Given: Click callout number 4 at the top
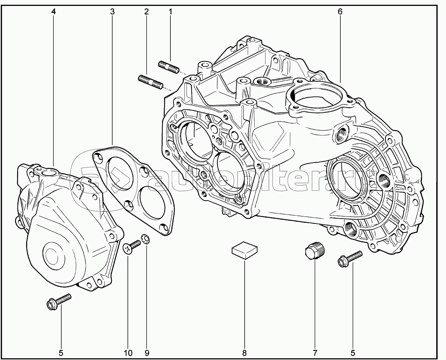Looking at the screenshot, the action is tap(54, 12).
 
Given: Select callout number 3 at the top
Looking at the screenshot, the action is tap(113, 12).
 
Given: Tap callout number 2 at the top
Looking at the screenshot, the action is tap(146, 12).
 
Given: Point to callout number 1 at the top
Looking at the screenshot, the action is tap(170, 12).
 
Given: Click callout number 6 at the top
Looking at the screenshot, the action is tap(340, 12).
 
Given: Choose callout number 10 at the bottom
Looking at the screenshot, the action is tap(128, 353).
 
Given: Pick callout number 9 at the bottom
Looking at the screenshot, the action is tap(147, 353).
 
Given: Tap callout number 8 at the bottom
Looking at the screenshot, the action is tap(244, 353).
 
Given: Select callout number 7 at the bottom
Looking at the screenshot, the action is tap(315, 353).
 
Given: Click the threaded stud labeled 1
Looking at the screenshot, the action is tap(169, 67).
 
